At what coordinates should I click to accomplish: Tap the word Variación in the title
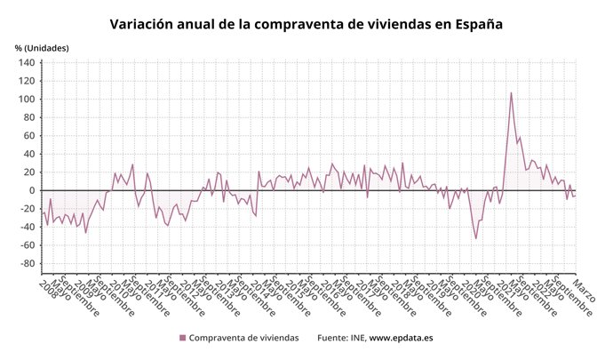[x=142, y=24]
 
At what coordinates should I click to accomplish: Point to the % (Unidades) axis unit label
[x=41, y=47]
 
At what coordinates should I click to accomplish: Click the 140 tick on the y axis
[x=26, y=63]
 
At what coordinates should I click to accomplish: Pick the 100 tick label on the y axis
[x=26, y=100]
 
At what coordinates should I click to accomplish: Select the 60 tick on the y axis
[x=28, y=136]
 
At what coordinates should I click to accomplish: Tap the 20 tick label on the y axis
[x=28, y=172]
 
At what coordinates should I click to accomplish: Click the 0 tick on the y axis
[x=31, y=190]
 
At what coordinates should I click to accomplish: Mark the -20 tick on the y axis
[x=27, y=209]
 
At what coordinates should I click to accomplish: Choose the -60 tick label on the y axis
[x=27, y=245]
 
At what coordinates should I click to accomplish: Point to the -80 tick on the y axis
[x=27, y=264]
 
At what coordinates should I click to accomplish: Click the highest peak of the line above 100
[x=511, y=93]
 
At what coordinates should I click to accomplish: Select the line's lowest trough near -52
[x=475, y=238]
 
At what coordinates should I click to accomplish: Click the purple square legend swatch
[x=183, y=338]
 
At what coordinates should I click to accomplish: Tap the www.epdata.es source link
[x=401, y=338]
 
